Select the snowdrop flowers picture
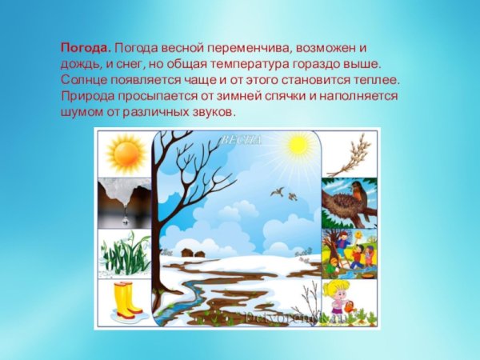tap(124, 254)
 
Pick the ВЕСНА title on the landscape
tap(242, 139)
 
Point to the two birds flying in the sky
tap(284, 193)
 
